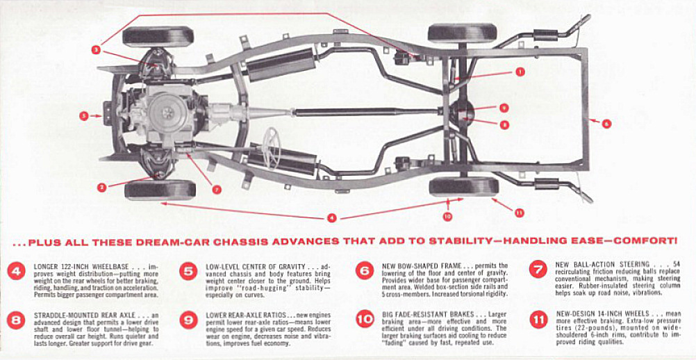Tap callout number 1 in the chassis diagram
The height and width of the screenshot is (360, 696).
click(520, 71)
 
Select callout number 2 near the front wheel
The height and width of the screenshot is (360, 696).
click(102, 186)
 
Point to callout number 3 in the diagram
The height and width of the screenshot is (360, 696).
click(96, 49)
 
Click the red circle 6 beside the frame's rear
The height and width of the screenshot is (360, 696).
click(606, 123)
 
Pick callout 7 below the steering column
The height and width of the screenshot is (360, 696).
click(217, 189)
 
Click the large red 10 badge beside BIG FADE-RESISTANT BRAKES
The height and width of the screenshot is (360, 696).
click(365, 320)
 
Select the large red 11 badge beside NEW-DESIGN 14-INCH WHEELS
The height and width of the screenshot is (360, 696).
click(538, 320)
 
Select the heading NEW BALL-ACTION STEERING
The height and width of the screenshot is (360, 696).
click(602, 265)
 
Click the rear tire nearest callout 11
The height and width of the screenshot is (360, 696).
click(463, 186)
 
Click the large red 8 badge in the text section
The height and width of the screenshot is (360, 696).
click(17, 320)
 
